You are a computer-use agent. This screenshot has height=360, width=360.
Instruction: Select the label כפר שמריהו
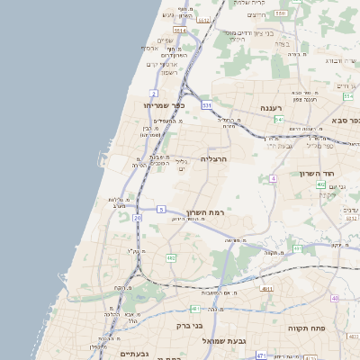tap(164, 105)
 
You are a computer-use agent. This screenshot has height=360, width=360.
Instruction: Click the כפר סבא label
tap(343, 120)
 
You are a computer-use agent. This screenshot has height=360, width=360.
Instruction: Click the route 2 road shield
tap(154, 93)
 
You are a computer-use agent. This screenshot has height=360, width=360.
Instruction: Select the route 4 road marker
tap(273, 178)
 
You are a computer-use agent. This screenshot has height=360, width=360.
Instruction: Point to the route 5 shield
tap(160, 209)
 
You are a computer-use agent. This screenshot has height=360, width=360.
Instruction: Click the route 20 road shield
tap(137, 217)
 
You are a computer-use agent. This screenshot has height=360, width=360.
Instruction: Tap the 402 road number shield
tap(320, 184)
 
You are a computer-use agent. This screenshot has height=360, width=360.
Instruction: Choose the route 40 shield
tap(335, 298)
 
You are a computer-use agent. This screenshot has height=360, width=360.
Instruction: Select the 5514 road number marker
tap(181, 31)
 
